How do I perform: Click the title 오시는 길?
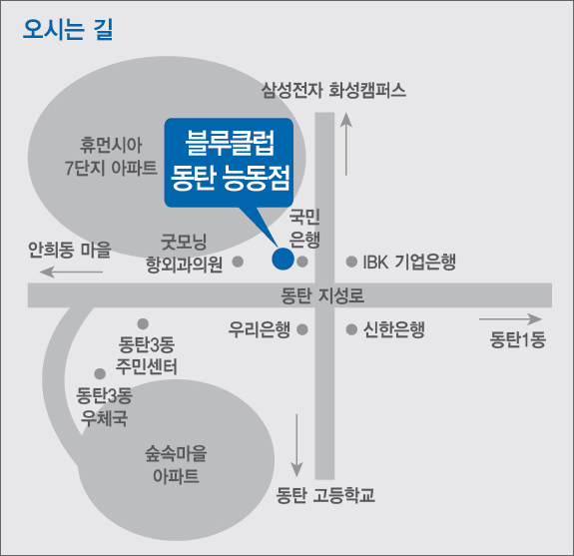point(68,29)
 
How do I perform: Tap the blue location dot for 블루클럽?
point(283,259)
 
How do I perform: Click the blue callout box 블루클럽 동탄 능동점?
point(229,163)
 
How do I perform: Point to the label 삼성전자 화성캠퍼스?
point(333,90)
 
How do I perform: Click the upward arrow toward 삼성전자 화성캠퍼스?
point(346,144)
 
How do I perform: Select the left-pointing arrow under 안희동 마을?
point(71,272)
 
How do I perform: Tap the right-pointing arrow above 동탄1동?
point(510,319)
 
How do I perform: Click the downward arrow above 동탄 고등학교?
point(296,445)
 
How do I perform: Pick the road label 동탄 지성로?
point(322,295)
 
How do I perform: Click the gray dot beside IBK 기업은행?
point(351,262)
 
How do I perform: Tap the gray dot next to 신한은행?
point(351,329)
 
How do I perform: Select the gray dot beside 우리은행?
point(302,329)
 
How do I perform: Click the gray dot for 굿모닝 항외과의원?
point(238,262)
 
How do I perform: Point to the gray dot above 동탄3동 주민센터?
point(143,324)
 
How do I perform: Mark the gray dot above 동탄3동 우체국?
point(100,374)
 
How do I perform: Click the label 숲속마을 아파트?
point(176,465)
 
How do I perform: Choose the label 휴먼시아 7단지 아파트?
point(111,157)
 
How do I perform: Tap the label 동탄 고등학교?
point(325,495)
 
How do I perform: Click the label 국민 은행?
point(304,228)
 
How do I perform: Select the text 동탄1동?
point(518,339)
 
